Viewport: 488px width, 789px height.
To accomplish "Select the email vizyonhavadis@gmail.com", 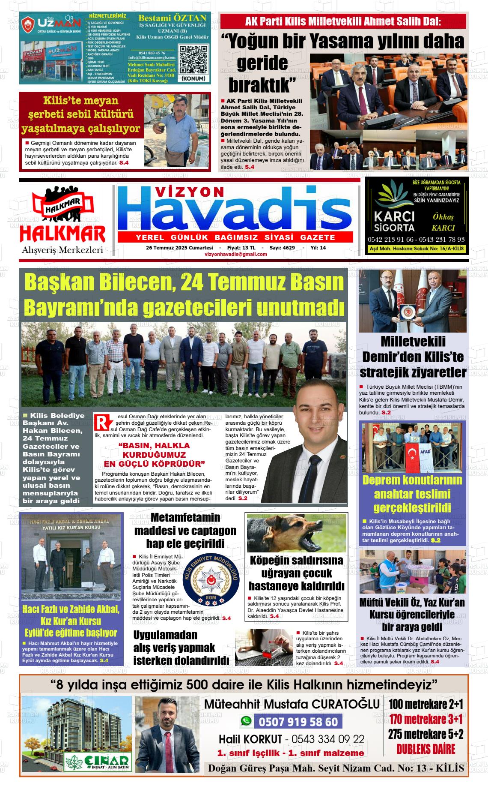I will click(236, 254).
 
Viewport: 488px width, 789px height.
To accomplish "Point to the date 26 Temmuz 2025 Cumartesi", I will click(179, 248).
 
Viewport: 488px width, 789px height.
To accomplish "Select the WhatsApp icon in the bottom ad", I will click(246, 721).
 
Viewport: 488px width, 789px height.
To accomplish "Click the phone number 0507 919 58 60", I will click(298, 722).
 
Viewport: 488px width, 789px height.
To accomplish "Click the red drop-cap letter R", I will click(100, 422).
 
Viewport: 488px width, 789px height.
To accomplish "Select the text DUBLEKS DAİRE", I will click(426, 750).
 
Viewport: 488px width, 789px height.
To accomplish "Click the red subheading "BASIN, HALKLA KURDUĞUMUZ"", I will click(154, 450).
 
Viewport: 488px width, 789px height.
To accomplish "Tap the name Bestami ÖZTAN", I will click(172, 18).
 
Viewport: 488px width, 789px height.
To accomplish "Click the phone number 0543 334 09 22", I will click(328, 739).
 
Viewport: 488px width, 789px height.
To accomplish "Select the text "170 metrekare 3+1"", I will click(426, 719).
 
